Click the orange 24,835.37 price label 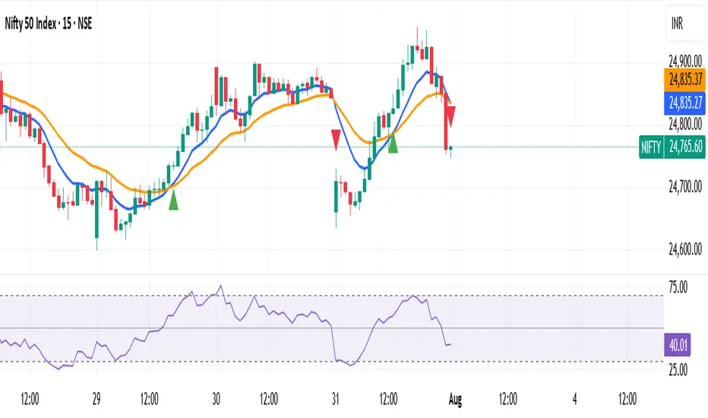tap(684, 78)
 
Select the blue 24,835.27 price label tap(684, 99)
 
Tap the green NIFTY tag tap(651, 147)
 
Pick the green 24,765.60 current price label tap(684, 147)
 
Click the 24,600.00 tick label tap(684, 249)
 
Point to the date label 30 tap(217, 397)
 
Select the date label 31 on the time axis tap(336, 397)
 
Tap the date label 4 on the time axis tap(575, 397)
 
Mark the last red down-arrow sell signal tap(451, 116)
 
